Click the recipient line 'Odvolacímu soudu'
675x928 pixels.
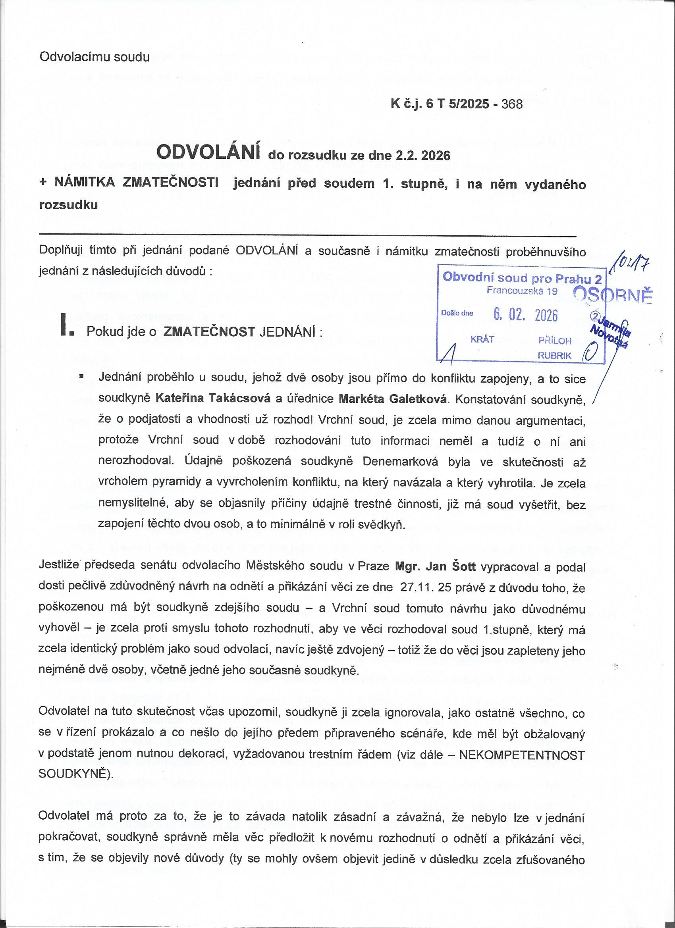[94, 57]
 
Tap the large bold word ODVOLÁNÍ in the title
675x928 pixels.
[208, 153]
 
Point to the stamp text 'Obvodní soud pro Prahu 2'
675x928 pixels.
[522, 279]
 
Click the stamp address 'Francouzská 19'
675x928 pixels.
[522, 291]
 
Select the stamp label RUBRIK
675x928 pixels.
[554, 356]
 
